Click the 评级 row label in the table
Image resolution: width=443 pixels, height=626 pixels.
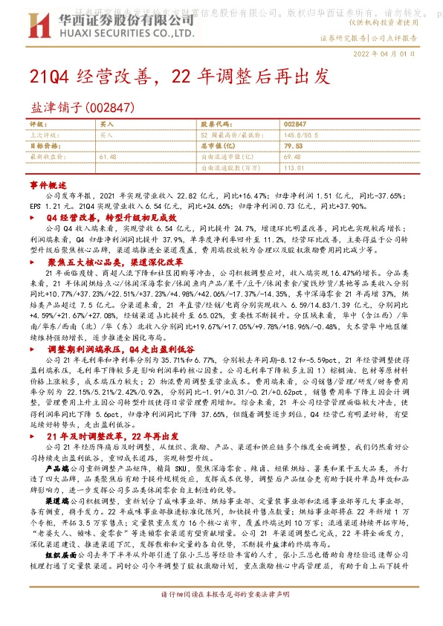[x=38, y=124]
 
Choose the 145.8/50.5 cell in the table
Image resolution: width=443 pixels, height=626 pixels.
[x=301, y=135]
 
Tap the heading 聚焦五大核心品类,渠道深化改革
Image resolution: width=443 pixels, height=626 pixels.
[x=114, y=262]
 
